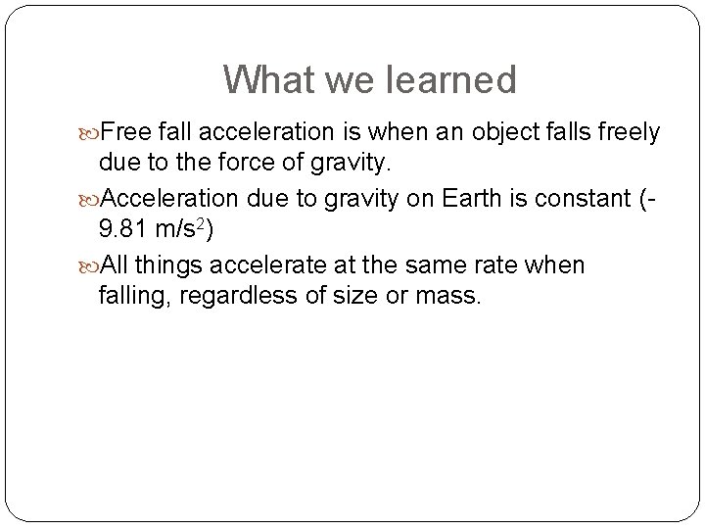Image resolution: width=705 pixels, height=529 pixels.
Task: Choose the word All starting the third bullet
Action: (115, 266)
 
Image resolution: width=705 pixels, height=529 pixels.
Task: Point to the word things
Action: (169, 266)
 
